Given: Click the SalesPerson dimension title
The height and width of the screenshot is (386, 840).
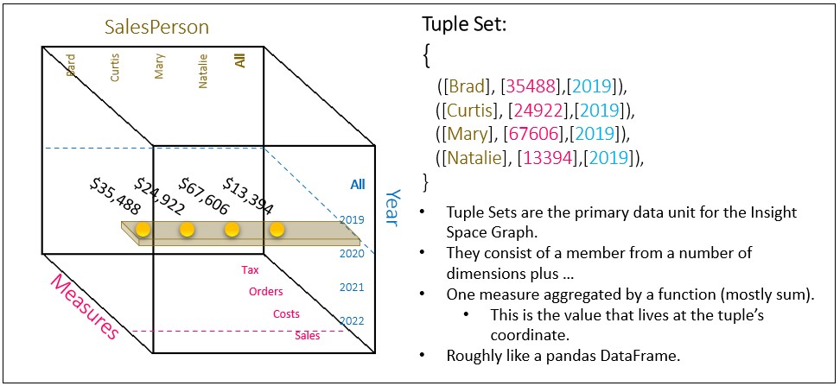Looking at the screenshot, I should (156, 27).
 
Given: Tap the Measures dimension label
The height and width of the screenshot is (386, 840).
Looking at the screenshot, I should (84, 307).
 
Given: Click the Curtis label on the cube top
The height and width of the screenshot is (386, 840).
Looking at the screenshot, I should (115, 68).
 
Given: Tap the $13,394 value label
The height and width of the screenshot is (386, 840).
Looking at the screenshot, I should (248, 195).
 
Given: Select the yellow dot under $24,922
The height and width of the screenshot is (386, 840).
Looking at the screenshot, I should (187, 230).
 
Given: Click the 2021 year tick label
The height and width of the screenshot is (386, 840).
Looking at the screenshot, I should (353, 288).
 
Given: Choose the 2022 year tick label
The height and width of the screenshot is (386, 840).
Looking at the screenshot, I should (353, 321).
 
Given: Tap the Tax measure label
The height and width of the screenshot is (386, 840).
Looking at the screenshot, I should (250, 270).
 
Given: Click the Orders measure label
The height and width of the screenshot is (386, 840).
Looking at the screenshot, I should (265, 292).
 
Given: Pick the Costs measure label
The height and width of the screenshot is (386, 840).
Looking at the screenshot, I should (287, 313).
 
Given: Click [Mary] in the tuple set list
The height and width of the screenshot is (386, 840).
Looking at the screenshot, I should (469, 135).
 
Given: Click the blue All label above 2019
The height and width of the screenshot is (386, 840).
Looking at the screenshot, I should (357, 184).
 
